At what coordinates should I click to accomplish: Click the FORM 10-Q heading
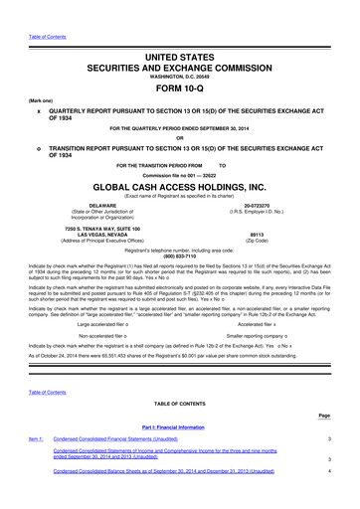(179, 84)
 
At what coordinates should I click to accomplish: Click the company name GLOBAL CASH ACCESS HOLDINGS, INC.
(179, 186)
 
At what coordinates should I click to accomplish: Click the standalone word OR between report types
(179, 137)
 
